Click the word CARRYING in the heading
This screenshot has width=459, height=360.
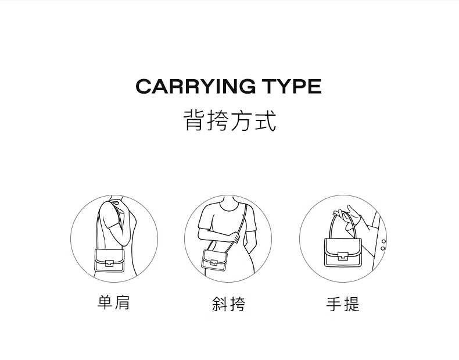pos(196,87)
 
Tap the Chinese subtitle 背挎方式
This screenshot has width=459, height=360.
pos(229,120)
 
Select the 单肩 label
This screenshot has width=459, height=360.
pos(113,302)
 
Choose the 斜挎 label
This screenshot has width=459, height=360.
pos(228,304)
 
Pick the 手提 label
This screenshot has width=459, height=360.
pos(343,304)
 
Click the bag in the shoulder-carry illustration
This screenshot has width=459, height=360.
pos(109,261)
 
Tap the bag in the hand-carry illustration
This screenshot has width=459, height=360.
pos(343,252)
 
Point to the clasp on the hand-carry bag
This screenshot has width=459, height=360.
pos(343,256)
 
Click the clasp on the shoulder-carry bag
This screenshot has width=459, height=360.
pos(109,262)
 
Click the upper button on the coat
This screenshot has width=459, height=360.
pos(384,242)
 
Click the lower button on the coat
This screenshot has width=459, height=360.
pos(383,249)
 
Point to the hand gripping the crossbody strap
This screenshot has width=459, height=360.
pos(235,237)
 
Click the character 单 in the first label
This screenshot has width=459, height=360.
pos(105,302)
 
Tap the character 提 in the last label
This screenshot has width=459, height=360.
pos(352,304)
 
